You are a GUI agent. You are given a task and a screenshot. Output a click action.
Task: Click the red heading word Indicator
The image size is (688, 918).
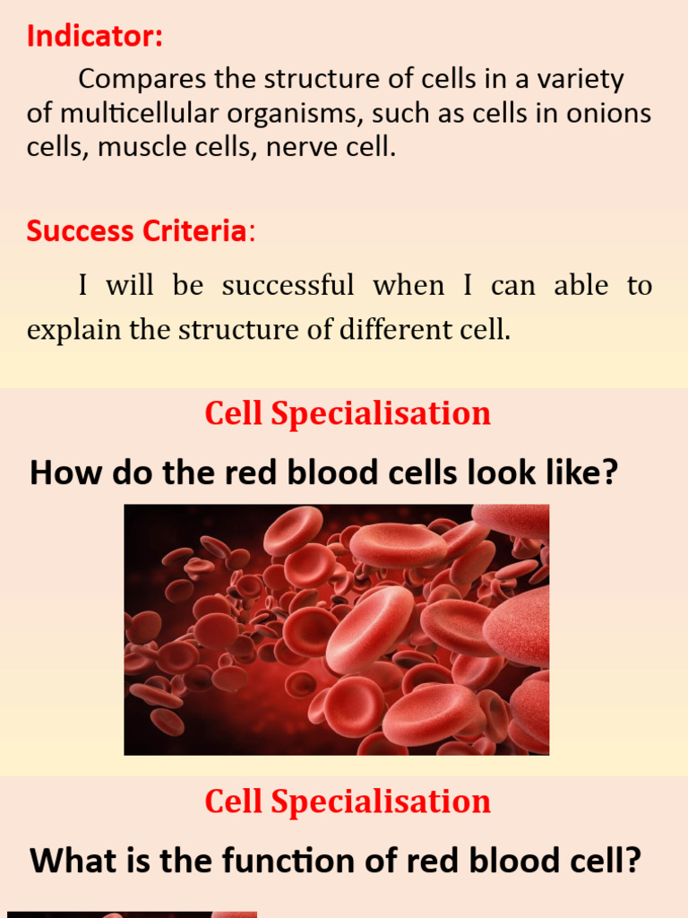coord(93,37)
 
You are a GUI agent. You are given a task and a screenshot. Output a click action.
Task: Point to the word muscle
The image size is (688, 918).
coord(134,147)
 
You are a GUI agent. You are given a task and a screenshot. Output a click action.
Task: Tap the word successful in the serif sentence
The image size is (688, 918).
coord(288,286)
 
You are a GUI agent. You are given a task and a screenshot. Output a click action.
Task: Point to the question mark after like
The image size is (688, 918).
coord(610,472)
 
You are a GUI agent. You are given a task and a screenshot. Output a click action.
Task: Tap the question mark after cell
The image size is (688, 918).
coord(633,862)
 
